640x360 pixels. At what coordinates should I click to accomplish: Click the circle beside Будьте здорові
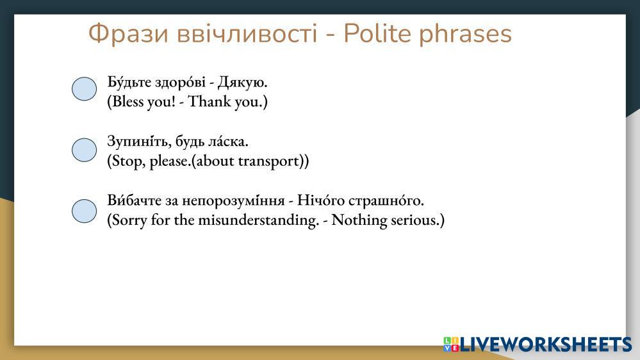[84, 88]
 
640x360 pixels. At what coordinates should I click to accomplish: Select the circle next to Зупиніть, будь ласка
[84, 150]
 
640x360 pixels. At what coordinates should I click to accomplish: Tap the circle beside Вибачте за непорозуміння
[84, 211]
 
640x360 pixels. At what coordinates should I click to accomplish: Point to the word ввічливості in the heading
[247, 33]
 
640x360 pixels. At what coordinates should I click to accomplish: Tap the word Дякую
[242, 83]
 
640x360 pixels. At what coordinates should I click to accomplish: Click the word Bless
[127, 101]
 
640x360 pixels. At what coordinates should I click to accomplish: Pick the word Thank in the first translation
[209, 101]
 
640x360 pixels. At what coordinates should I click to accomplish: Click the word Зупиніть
[140, 142]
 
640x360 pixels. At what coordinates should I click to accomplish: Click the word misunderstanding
[258, 220]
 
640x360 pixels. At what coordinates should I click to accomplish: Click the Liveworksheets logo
[537, 344]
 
